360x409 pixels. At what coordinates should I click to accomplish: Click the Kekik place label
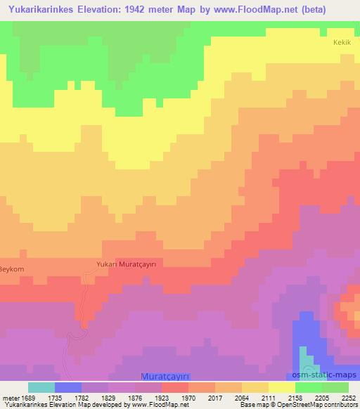pos(341,42)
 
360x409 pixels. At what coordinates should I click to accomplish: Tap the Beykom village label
pos(12,269)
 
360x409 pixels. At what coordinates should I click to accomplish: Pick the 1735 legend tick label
pos(56,397)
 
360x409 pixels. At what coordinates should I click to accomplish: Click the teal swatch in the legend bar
pos(41,387)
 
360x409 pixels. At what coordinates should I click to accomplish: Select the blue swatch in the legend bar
pos(68,387)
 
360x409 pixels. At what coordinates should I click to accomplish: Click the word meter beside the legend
pos(10,397)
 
